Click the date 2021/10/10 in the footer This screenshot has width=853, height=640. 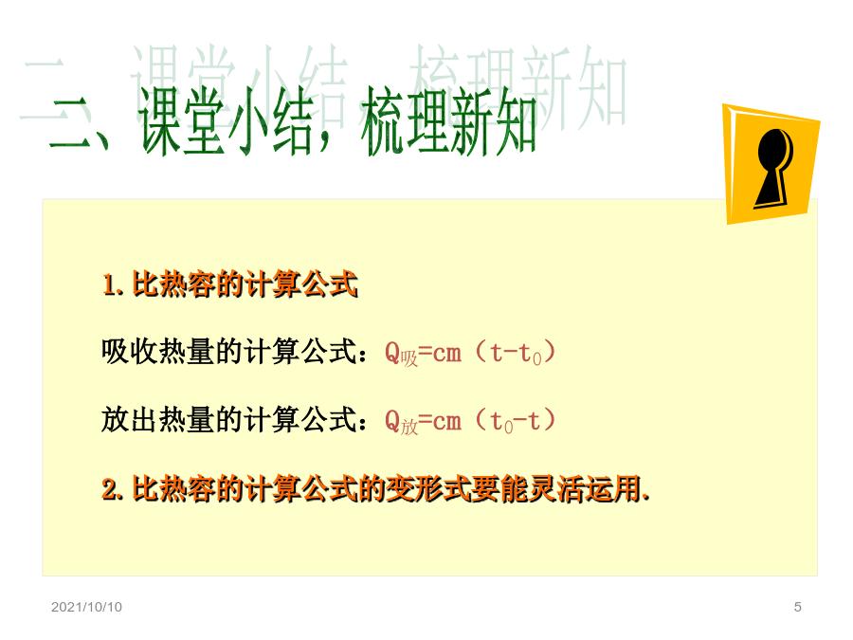pyautogui.click(x=86, y=607)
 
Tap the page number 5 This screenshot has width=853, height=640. pyautogui.click(x=797, y=607)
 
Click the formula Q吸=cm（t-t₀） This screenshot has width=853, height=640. pyautogui.click(x=470, y=353)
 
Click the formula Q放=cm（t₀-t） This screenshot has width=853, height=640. pyautogui.click(x=470, y=421)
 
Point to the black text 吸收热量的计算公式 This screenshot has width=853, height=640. pyautogui.click(x=229, y=352)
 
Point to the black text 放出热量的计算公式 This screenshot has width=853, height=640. pyautogui.click(x=229, y=420)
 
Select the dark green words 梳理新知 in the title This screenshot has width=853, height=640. pyautogui.click(x=448, y=120)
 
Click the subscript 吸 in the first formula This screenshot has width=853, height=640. pyautogui.click(x=409, y=358)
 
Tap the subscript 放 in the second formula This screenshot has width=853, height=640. pyautogui.click(x=409, y=427)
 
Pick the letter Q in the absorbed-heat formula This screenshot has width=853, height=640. pyautogui.click(x=392, y=353)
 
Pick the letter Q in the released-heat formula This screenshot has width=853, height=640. pyautogui.click(x=392, y=421)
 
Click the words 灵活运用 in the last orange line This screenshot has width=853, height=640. pyautogui.click(x=584, y=488)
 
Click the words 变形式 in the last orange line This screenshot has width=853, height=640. pyautogui.click(x=428, y=488)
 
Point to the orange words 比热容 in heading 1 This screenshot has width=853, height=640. pyautogui.click(x=174, y=284)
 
